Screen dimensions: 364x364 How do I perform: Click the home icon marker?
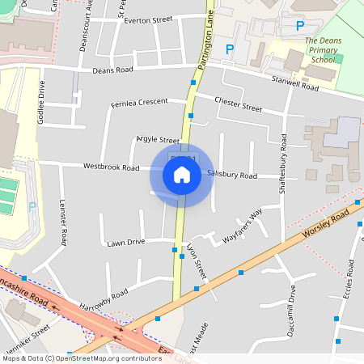(182, 175)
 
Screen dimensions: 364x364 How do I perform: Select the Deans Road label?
(112, 70)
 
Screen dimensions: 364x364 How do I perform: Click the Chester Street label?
(239, 104)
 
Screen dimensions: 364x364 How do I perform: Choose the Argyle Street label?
(158, 140)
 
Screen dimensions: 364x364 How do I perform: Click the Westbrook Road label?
(112, 167)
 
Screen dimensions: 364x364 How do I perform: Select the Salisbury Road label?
(232, 175)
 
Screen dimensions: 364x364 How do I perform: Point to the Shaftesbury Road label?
(283, 171)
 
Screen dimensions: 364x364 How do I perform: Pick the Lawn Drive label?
(125, 242)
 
